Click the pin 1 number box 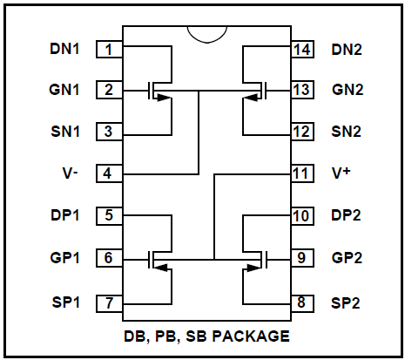pyautogui.click(x=109, y=50)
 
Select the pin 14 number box pyautogui.click(x=302, y=50)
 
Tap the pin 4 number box pyautogui.click(x=109, y=173)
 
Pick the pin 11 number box pyautogui.click(x=302, y=173)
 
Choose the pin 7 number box pyautogui.click(x=109, y=303)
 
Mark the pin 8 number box pyautogui.click(x=302, y=303)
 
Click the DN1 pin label pyautogui.click(x=64, y=49)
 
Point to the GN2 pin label pyautogui.click(x=348, y=90)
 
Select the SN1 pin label pyautogui.click(x=65, y=132)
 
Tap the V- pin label pyautogui.click(x=70, y=173)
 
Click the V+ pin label pyautogui.click(x=341, y=173)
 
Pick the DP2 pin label pyautogui.click(x=346, y=215)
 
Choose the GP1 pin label pyautogui.click(x=64, y=258)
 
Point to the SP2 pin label pyautogui.click(x=346, y=303)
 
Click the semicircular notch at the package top pyautogui.click(x=207, y=43)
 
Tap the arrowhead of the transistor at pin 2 pyautogui.click(x=164, y=98)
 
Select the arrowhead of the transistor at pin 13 pyautogui.click(x=250, y=98)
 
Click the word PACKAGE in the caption pyautogui.click(x=251, y=336)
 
